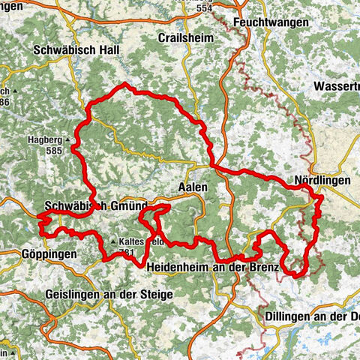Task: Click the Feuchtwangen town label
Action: point(271,23)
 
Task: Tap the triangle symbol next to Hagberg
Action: point(68,140)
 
